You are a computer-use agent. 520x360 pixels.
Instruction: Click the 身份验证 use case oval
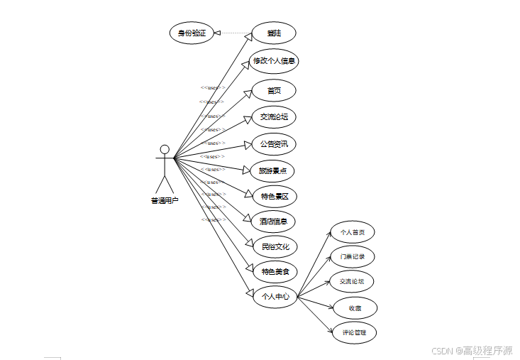tap(192, 33)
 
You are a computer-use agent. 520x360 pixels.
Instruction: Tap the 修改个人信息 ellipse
tap(274, 61)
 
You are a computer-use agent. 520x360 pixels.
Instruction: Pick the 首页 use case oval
tap(274, 90)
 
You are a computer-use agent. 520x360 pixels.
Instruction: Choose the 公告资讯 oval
tap(274, 144)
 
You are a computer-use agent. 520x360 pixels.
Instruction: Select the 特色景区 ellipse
tap(274, 195)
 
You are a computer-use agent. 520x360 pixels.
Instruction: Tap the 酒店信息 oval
tap(274, 221)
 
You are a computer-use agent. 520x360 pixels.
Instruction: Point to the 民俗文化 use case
tap(275, 246)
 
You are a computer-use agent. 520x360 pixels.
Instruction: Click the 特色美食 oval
tap(275, 271)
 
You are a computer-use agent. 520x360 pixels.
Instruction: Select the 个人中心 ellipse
tap(275, 297)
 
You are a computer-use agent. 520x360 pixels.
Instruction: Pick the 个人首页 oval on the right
tap(352, 232)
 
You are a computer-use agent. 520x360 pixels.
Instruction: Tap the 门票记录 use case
tap(352, 256)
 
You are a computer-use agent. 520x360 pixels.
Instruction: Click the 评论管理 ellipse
tap(354, 332)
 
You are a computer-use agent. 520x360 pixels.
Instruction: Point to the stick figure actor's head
tap(165, 149)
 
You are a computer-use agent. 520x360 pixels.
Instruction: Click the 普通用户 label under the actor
tap(165, 200)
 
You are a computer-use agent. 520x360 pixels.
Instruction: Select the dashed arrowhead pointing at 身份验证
tap(218, 33)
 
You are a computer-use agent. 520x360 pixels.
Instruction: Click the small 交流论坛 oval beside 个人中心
tap(352, 281)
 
